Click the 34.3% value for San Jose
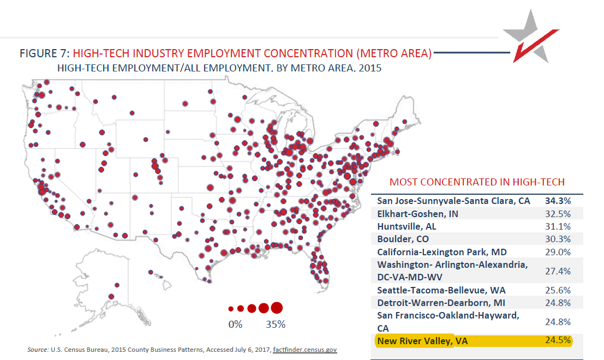[558, 201]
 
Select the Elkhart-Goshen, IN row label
[417, 213]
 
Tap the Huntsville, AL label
[406, 226]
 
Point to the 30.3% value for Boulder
[558, 239]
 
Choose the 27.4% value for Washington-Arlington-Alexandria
[558, 271]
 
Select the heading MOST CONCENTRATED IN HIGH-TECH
[477, 182]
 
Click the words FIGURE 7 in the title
[44, 53]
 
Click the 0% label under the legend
[235, 325]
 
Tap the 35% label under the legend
[276, 325]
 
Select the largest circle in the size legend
[276, 308]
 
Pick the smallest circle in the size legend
[231, 309]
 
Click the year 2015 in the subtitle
[370, 68]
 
